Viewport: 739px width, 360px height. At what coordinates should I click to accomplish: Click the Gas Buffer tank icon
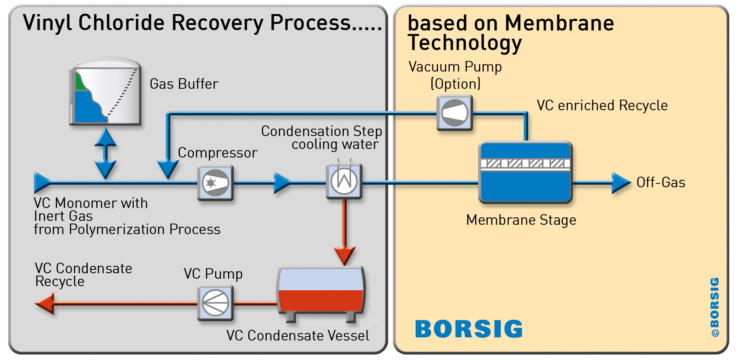pyautogui.click(x=105, y=92)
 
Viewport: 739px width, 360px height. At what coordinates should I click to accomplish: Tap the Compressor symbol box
pyautogui.click(x=215, y=183)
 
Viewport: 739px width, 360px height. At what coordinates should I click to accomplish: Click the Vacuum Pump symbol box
pyautogui.click(x=454, y=113)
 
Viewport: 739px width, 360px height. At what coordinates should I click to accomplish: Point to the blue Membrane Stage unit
pyautogui.click(x=526, y=172)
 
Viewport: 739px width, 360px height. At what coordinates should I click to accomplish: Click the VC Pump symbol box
pyautogui.click(x=215, y=303)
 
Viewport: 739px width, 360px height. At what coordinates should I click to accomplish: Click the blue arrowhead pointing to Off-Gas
pyautogui.click(x=621, y=183)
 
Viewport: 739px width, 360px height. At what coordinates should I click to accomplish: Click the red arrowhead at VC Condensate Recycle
pyautogui.click(x=44, y=304)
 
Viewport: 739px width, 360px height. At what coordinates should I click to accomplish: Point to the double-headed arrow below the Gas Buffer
pyautogui.click(x=105, y=154)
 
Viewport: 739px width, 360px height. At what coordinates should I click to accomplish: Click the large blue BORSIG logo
pyautogui.click(x=469, y=329)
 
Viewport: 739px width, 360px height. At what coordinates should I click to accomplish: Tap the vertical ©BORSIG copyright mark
pyautogui.click(x=715, y=307)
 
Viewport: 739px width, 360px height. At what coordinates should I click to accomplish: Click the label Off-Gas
pyautogui.click(x=661, y=183)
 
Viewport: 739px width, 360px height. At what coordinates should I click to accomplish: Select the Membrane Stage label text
pyautogui.click(x=521, y=220)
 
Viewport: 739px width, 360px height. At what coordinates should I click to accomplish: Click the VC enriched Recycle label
pyautogui.click(x=602, y=106)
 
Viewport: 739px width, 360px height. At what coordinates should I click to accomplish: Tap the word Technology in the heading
pyautogui.click(x=465, y=43)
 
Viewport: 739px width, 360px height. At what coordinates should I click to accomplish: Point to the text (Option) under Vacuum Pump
pyautogui.click(x=456, y=84)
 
